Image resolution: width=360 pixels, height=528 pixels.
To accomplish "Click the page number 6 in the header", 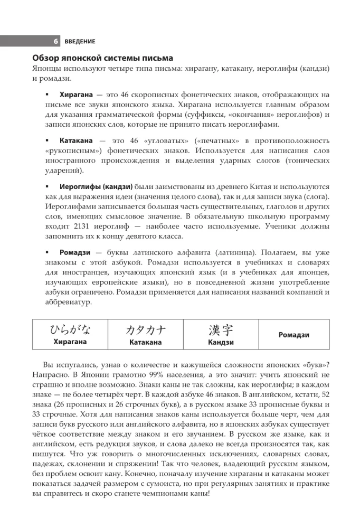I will [x=55, y=41].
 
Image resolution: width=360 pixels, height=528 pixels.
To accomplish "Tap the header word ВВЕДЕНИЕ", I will [x=80, y=41].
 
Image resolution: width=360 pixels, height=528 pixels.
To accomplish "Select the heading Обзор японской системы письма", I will [x=103, y=58].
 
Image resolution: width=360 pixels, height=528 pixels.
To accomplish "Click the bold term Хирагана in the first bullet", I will [x=77, y=95].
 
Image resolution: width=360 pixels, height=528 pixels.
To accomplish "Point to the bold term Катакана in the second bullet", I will [x=77, y=142].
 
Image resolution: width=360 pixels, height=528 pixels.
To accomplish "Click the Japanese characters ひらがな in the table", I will [x=70, y=330].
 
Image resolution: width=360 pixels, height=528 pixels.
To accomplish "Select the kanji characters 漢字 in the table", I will [x=221, y=330].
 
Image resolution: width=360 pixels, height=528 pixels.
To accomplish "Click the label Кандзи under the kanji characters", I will [x=221, y=342].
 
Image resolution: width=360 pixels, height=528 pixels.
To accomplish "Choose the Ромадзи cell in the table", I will [x=293, y=335].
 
